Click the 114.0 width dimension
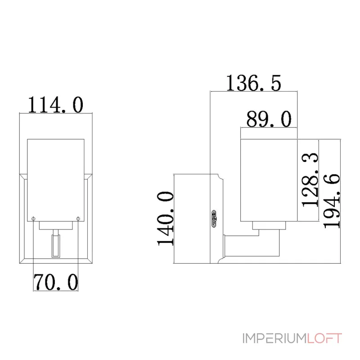pos(55,104)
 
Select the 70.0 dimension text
pos(55,282)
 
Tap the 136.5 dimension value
pos(253,83)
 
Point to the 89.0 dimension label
pos(269,120)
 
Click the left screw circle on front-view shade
pos(34,219)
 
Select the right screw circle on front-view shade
pos(78,219)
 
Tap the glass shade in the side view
pos(269,180)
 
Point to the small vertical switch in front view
pos(56,246)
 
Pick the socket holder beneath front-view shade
pos(56,226)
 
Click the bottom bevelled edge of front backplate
pos(56,261)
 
